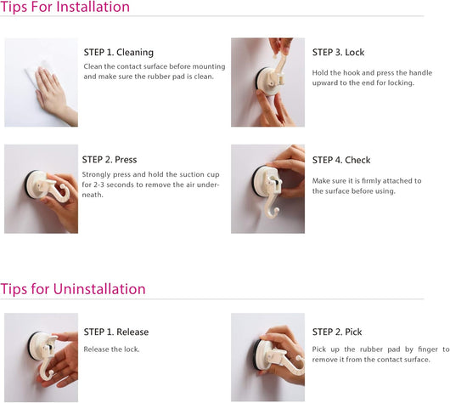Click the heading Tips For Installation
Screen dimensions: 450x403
click(65, 7)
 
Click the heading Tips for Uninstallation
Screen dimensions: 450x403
click(73, 289)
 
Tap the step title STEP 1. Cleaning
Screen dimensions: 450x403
click(119, 53)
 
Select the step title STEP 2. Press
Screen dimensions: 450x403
click(110, 160)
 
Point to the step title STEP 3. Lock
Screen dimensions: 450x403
click(338, 53)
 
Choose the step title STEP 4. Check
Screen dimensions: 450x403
click(341, 160)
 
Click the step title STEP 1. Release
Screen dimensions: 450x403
click(116, 332)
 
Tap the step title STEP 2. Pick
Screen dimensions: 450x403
click(337, 332)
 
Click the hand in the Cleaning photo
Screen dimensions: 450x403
click(53, 92)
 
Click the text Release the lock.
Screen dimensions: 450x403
click(111, 349)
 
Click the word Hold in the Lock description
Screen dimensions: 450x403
click(319, 73)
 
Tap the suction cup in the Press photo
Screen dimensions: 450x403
click(36, 184)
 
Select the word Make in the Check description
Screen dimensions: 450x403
click(320, 181)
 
